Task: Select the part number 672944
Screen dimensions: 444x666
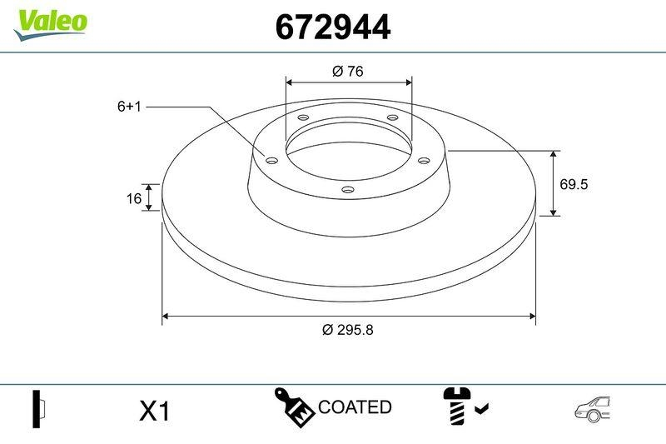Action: (332, 27)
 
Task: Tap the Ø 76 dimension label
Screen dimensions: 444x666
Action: (348, 72)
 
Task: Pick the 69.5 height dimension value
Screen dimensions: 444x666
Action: (574, 184)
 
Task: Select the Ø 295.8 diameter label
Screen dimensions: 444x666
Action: (347, 329)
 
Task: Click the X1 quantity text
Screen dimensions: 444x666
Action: (154, 410)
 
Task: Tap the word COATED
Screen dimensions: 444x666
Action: (355, 407)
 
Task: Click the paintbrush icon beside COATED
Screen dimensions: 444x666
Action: (295, 406)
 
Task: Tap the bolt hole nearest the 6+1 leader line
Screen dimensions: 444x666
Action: (271, 159)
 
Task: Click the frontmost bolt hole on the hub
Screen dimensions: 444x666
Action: (348, 190)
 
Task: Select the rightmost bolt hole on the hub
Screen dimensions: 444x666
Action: (422, 159)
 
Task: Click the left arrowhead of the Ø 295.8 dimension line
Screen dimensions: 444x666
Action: (165, 316)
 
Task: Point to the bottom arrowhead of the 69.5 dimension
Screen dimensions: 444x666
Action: (554, 212)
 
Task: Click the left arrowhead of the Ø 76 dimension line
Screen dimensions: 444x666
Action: (290, 82)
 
